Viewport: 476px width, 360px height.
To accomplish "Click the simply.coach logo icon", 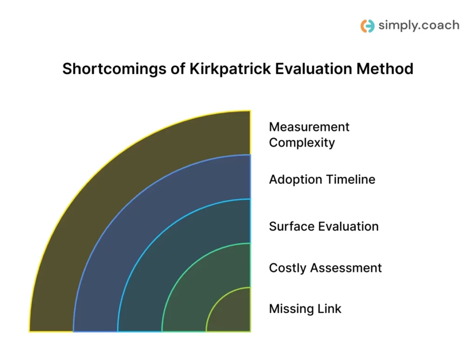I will pyautogui.click(x=367, y=26).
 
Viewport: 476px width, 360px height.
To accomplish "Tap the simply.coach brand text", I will pyautogui.click(x=418, y=25).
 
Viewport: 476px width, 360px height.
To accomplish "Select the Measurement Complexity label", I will pyautogui.click(x=309, y=134).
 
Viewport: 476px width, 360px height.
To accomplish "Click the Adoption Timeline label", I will pyautogui.click(x=322, y=179).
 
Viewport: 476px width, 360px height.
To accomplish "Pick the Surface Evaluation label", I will pyautogui.click(x=324, y=226).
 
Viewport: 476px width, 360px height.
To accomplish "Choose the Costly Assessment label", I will pyautogui.click(x=325, y=268).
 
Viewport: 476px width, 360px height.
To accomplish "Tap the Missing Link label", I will pyautogui.click(x=305, y=308).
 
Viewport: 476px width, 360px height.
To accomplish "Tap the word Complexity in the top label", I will pyautogui.click(x=302, y=142).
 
